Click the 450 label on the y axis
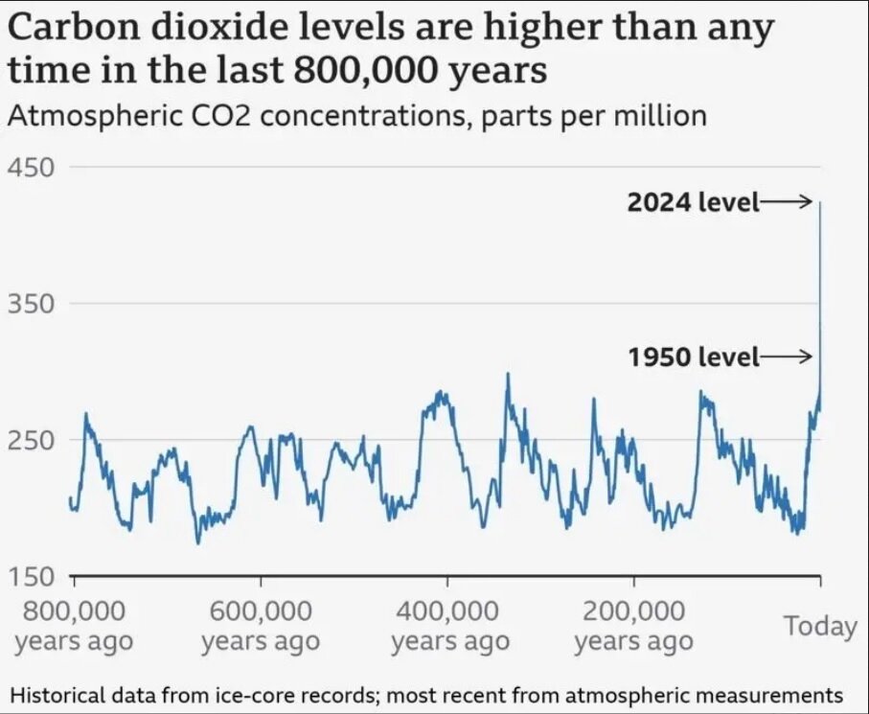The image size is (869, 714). (x=31, y=168)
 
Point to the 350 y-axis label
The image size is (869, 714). (x=31, y=305)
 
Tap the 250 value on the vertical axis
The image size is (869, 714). (x=31, y=441)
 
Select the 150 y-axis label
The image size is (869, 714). (x=31, y=577)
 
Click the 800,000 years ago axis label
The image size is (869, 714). (x=74, y=625)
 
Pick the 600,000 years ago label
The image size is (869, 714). (x=261, y=625)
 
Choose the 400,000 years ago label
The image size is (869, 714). (x=448, y=625)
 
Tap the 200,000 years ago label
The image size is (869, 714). (x=634, y=625)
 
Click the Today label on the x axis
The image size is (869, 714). (x=819, y=626)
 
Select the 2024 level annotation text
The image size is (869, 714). (x=693, y=202)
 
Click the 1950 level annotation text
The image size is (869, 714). (x=693, y=357)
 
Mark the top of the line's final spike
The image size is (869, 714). (x=820, y=203)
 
